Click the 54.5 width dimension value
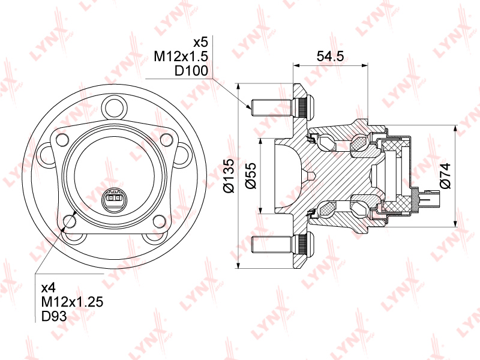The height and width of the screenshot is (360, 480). pyautogui.click(x=330, y=56)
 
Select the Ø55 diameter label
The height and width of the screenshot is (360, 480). pyautogui.click(x=250, y=176)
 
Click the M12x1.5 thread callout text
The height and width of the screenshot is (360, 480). pyautogui.click(x=181, y=56)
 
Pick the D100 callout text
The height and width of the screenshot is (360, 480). pyautogui.click(x=191, y=71)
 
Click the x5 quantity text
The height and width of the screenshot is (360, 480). pyautogui.click(x=201, y=42)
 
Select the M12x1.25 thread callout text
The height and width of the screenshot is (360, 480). pyautogui.click(x=72, y=302)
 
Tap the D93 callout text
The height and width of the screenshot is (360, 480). pyautogui.click(x=54, y=316)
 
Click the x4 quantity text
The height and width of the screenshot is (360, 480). pyautogui.click(x=49, y=288)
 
